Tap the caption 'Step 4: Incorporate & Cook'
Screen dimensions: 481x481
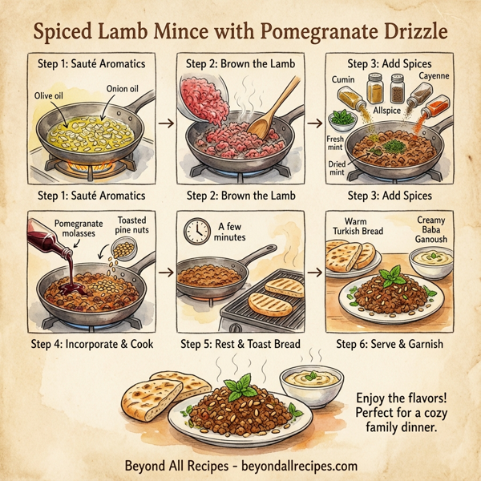point(88,345)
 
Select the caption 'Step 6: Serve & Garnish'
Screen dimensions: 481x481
point(390,345)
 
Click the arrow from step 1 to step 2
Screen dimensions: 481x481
point(165,123)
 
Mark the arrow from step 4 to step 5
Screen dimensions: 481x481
point(165,273)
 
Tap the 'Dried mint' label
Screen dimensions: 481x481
point(337,166)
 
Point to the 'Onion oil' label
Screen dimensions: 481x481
point(124,89)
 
